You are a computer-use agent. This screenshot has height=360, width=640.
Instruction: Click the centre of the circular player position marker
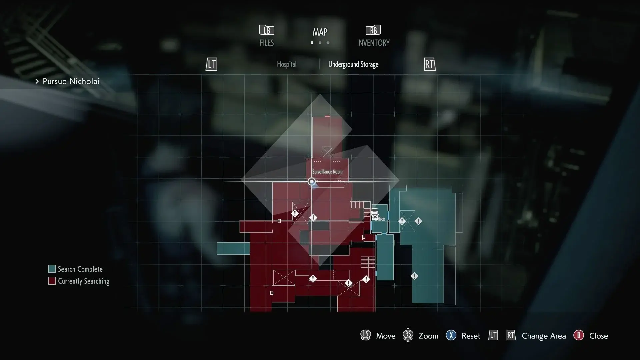[x=312, y=182]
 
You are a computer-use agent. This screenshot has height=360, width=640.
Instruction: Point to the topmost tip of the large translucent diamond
[x=320, y=94]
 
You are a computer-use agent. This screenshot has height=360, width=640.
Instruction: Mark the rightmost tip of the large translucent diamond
[x=399, y=180]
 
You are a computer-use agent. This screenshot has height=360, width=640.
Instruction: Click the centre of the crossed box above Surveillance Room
[x=327, y=153]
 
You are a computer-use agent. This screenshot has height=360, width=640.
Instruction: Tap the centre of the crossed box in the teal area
[x=407, y=221]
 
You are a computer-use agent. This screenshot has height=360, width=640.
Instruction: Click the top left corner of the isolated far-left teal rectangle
[x=217, y=243]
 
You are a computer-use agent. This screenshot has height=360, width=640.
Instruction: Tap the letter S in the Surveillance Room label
[x=313, y=172]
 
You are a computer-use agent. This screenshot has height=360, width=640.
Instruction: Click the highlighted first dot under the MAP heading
[x=312, y=43]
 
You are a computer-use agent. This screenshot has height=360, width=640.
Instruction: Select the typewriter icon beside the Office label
[x=375, y=214]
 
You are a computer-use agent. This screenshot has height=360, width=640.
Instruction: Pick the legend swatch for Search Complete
[x=52, y=269]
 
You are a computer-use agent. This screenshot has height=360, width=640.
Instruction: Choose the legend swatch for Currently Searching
[x=52, y=281]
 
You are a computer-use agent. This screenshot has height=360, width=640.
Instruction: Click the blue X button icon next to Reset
[x=451, y=335]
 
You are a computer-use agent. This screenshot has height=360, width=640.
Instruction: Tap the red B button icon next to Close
[x=579, y=335]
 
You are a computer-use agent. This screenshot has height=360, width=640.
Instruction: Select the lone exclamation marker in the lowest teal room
[x=414, y=276]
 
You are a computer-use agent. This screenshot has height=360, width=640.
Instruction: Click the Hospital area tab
[x=287, y=64]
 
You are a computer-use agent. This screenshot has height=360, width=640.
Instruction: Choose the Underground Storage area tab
[x=353, y=64]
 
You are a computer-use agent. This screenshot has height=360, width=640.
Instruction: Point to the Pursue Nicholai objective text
[x=71, y=81]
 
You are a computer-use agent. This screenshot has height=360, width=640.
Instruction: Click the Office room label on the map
[x=380, y=219]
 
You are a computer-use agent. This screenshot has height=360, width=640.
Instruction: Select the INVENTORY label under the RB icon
[x=373, y=43]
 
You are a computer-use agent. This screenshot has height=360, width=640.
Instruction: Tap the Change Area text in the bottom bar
[x=544, y=336]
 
